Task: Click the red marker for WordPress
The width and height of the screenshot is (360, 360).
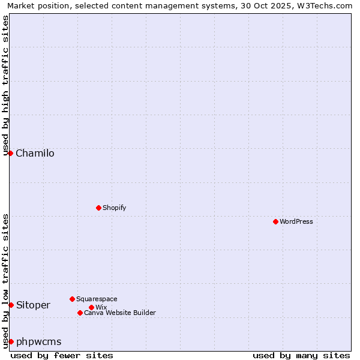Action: click(x=275, y=221)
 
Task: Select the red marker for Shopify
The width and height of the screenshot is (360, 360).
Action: click(x=98, y=208)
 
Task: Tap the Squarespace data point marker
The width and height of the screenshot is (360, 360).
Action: click(x=72, y=299)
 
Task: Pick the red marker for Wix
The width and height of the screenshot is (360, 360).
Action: click(x=91, y=307)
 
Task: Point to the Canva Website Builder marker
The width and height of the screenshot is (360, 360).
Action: click(x=80, y=313)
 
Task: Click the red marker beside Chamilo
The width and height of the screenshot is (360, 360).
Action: click(x=10, y=153)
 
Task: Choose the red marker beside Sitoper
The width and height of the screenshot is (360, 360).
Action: click(x=11, y=305)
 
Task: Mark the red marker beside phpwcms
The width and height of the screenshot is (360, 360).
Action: click(x=11, y=341)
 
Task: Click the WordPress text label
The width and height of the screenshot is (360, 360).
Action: click(x=296, y=221)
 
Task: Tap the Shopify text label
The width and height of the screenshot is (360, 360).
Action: click(x=114, y=208)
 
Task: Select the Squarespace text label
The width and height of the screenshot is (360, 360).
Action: click(x=97, y=299)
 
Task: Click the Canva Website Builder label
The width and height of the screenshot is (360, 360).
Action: click(x=120, y=313)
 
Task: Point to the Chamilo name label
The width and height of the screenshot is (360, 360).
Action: click(x=35, y=153)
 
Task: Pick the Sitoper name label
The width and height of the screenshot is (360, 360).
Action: click(x=33, y=305)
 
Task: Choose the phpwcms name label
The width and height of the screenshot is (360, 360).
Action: click(x=38, y=341)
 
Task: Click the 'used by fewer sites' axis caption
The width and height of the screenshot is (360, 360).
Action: click(x=62, y=355)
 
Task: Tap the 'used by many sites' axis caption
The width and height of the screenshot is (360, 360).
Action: click(x=301, y=355)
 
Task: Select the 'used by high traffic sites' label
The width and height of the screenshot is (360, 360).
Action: click(x=6, y=85)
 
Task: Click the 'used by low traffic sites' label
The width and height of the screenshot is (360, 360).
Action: click(x=6, y=280)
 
